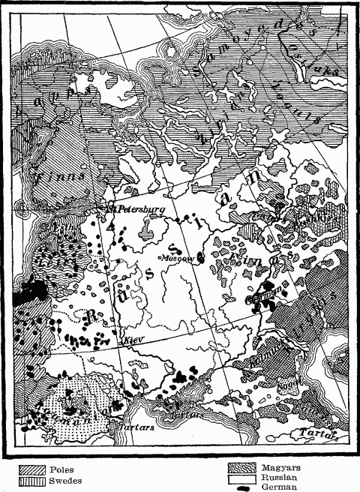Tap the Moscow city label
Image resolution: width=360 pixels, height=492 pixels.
(175, 257)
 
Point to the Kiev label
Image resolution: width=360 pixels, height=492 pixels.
(132, 340)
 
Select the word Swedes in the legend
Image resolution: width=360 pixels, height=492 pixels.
(65, 481)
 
